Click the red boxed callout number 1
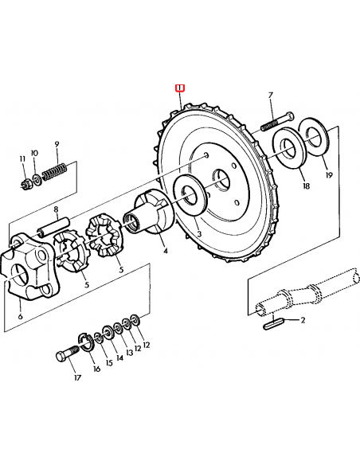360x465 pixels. click(x=179, y=88)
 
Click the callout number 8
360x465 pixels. click(x=57, y=210)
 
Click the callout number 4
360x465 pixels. click(x=165, y=251)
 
